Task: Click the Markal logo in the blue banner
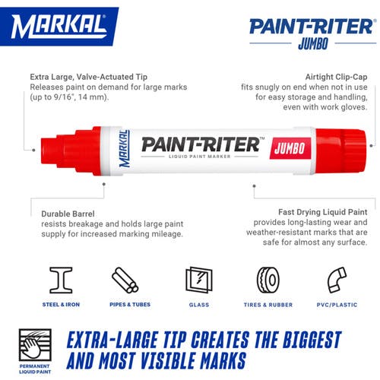[59, 27]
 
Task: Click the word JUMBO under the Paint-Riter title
[313, 43]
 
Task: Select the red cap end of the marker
[340, 150]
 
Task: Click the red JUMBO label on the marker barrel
[290, 148]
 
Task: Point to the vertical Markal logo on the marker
[125, 149]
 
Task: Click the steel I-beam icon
[61, 280]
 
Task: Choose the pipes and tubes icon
[125, 280]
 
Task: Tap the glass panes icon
[199, 280]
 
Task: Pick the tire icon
[268, 280]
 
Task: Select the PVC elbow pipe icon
[337, 280]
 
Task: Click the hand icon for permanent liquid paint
[35, 345]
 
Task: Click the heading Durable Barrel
[68, 214]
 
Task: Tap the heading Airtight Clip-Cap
[336, 77]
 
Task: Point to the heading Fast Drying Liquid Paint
[323, 212]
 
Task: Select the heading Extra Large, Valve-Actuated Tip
[89, 77]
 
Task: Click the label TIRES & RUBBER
[268, 305]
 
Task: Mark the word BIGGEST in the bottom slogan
[312, 340]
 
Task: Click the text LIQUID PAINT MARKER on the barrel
[200, 157]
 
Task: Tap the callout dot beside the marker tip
[33, 150]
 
